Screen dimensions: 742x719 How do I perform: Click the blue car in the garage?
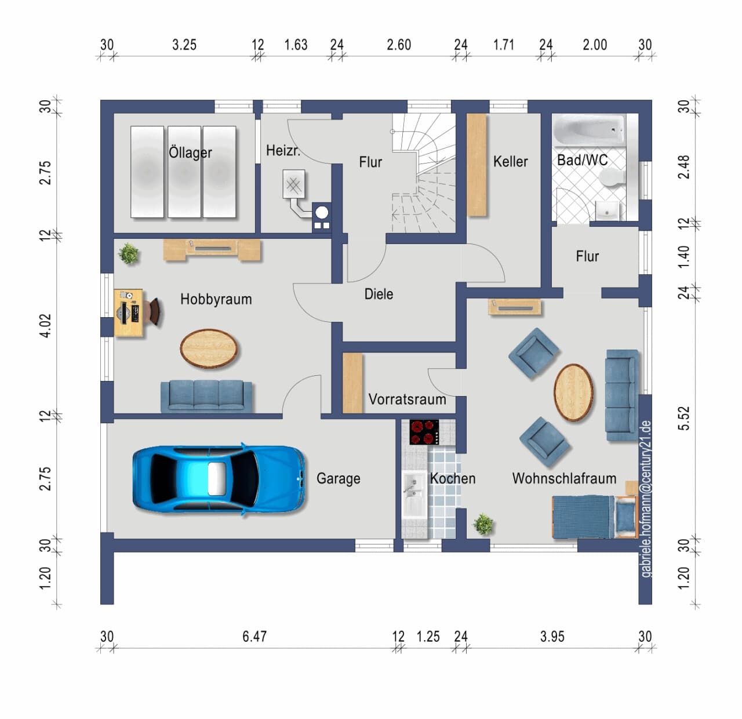coord(219,479)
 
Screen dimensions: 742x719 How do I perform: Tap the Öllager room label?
coord(190,152)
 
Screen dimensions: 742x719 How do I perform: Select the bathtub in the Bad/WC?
coord(589,130)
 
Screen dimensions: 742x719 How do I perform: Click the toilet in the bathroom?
coord(611,179)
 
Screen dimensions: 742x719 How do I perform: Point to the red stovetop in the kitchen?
coord(424,432)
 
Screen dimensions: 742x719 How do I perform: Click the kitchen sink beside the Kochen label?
coord(414,495)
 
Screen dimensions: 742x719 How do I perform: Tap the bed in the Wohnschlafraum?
coord(594,517)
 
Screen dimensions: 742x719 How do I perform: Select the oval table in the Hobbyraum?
coord(209,348)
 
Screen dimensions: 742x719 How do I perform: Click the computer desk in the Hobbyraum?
coord(129,313)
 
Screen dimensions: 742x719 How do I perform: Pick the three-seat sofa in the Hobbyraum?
coord(206,396)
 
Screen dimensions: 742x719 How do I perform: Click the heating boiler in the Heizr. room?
coord(294,184)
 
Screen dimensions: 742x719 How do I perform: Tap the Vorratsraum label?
coord(407,400)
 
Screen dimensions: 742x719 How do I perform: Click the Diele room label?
coord(379,294)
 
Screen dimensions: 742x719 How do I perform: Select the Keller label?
coord(510,161)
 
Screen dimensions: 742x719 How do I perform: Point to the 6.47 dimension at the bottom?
coord(254,636)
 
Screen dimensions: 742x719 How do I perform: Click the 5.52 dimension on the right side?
coord(685,419)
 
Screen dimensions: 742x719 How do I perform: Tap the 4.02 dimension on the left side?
coord(45,326)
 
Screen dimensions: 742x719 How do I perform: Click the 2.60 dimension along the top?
coord(399,45)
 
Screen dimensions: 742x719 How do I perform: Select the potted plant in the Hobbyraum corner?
coord(129,253)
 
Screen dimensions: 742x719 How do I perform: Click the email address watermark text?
coord(646,499)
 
